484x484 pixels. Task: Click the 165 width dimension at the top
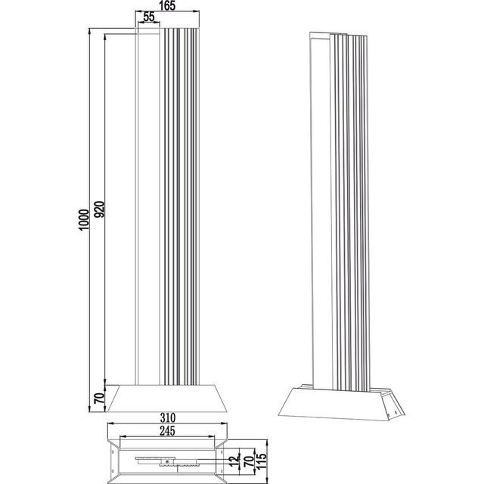pyautogui.click(x=168, y=6)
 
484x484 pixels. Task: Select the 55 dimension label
pyautogui.click(x=149, y=17)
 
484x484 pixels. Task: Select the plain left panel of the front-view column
pyautogui.click(x=148, y=204)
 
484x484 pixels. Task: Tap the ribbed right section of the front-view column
pyautogui.click(x=180, y=204)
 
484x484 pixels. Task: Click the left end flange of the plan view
pyautogui.click(x=113, y=459)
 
